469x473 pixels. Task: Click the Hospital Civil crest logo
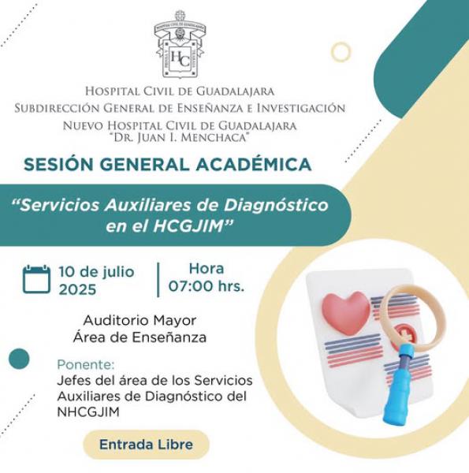(180, 45)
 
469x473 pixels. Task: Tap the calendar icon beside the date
(36, 279)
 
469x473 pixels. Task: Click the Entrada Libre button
(147, 445)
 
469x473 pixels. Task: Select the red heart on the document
(346, 313)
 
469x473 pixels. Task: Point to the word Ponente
(86, 365)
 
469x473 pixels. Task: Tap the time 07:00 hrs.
(207, 286)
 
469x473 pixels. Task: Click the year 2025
(77, 289)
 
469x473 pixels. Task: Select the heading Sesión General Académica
(167, 165)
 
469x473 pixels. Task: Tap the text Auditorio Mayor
(140, 320)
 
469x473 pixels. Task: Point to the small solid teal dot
(19, 359)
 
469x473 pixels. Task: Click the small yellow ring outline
(341, 52)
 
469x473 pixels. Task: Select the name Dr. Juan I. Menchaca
(181, 138)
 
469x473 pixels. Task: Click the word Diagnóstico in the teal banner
(277, 206)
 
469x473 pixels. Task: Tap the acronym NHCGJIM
(88, 412)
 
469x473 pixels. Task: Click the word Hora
(207, 269)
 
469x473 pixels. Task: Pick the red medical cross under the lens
(402, 333)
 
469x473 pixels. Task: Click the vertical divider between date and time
(158, 280)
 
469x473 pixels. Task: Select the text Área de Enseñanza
(140, 337)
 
